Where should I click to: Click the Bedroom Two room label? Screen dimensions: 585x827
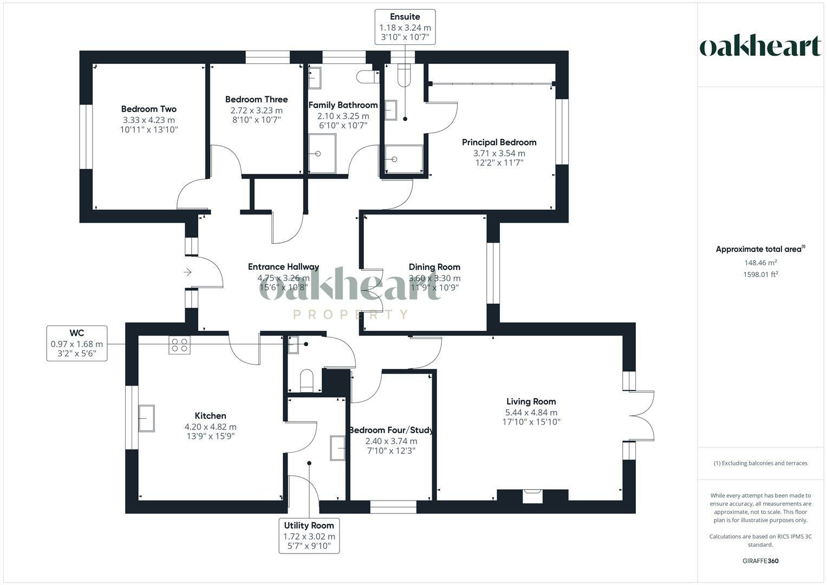[148, 109]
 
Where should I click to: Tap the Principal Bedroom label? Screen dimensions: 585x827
[499, 142]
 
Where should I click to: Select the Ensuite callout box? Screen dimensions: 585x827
[405, 27]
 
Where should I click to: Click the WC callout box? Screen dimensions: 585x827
[76, 343]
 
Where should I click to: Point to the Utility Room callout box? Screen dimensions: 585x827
[309, 536]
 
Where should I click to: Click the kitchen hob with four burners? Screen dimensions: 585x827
[180, 345]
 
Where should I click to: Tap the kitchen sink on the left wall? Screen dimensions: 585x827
[146, 418]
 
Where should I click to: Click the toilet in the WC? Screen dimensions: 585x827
[307, 380]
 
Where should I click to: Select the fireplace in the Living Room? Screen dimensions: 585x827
[532, 495]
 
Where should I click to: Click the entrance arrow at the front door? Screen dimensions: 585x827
[188, 272]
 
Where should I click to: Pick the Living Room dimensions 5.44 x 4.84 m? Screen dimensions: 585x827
[531, 412]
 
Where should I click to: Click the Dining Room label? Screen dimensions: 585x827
[434, 267]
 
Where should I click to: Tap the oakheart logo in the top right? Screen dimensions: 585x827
[760, 46]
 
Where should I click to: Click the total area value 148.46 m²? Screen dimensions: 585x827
[760, 263]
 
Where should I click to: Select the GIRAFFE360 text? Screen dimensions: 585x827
[760, 561]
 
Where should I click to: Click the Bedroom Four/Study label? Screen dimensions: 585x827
[391, 431]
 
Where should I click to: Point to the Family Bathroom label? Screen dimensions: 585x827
[343, 105]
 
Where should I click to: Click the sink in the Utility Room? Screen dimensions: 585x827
[338, 448]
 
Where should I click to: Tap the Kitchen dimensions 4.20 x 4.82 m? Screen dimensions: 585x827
[210, 427]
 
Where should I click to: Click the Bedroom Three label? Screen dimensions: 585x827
[256, 100]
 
